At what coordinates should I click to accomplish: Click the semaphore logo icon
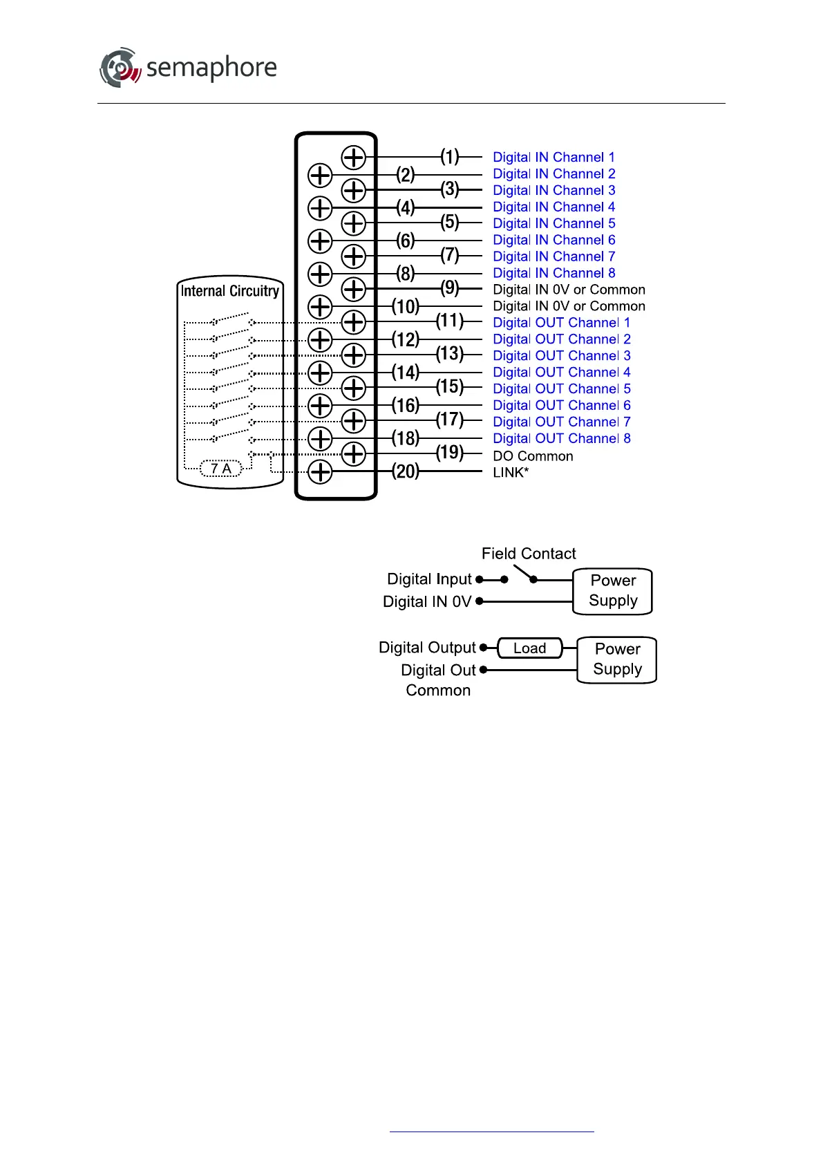[x=120, y=68]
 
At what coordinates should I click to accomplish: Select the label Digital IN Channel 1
[x=554, y=158]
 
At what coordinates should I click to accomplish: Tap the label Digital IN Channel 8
[x=554, y=273]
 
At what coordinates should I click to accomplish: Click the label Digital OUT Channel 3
[x=561, y=356]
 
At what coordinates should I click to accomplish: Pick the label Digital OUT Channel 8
[x=561, y=439]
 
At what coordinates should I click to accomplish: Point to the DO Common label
[x=533, y=456]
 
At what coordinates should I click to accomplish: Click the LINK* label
[x=511, y=473]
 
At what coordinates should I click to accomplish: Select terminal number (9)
[x=450, y=288]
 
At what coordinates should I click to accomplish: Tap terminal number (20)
[x=406, y=471]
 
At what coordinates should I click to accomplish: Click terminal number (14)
[x=406, y=373]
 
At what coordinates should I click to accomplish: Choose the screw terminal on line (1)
[x=354, y=158]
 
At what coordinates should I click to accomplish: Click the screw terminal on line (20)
[x=320, y=472]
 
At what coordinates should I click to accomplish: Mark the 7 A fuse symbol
[x=221, y=469]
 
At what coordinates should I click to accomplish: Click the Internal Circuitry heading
[x=230, y=291]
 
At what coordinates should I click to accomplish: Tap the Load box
[x=530, y=648]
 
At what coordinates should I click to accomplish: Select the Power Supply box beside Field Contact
[x=613, y=591]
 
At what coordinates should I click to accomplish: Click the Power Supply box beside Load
[x=617, y=659]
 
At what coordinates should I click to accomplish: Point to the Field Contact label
[x=529, y=554]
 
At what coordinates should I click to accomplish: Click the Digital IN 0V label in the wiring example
[x=427, y=602]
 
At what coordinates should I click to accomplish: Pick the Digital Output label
[x=427, y=648]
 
